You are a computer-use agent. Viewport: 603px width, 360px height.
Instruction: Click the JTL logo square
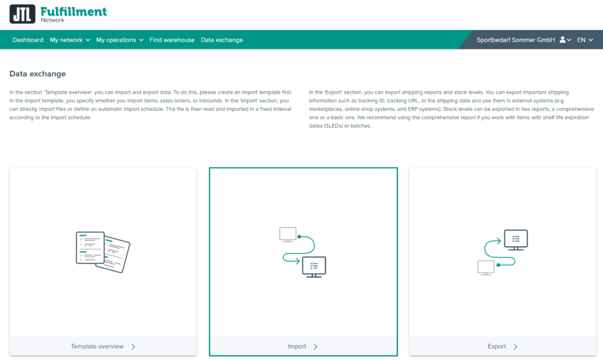coord(22,14)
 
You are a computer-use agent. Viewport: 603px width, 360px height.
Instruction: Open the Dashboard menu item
coord(28,40)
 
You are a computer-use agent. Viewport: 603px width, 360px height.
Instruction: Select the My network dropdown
coord(69,40)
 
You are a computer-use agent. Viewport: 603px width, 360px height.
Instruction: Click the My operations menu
coord(120,40)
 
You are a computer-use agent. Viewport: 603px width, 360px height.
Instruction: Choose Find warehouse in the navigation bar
coord(172,40)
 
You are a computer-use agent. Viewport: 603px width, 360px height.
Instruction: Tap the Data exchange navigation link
coord(221,40)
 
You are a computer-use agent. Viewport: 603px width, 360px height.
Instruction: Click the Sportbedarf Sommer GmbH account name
coord(516,40)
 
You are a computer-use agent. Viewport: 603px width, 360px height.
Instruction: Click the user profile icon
coord(563,40)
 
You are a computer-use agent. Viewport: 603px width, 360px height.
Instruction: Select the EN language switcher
coord(584,40)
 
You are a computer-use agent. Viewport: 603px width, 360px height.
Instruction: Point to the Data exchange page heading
coord(38,74)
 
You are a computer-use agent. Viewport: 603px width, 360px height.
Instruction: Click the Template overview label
coord(97,346)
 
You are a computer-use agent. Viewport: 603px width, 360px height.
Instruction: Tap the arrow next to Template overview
coord(134,346)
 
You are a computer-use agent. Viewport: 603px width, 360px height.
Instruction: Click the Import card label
coord(297,346)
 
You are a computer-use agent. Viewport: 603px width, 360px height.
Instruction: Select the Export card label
coord(498,346)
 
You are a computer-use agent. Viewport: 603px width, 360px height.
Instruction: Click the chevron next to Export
coord(516,346)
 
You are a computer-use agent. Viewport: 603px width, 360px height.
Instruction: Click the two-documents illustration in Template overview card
coord(102,252)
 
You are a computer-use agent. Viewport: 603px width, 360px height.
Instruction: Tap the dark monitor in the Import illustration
coord(314,266)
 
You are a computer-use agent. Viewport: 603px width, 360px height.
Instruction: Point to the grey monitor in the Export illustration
coord(486,267)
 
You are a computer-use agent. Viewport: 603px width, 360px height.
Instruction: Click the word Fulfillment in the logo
coord(74,11)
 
